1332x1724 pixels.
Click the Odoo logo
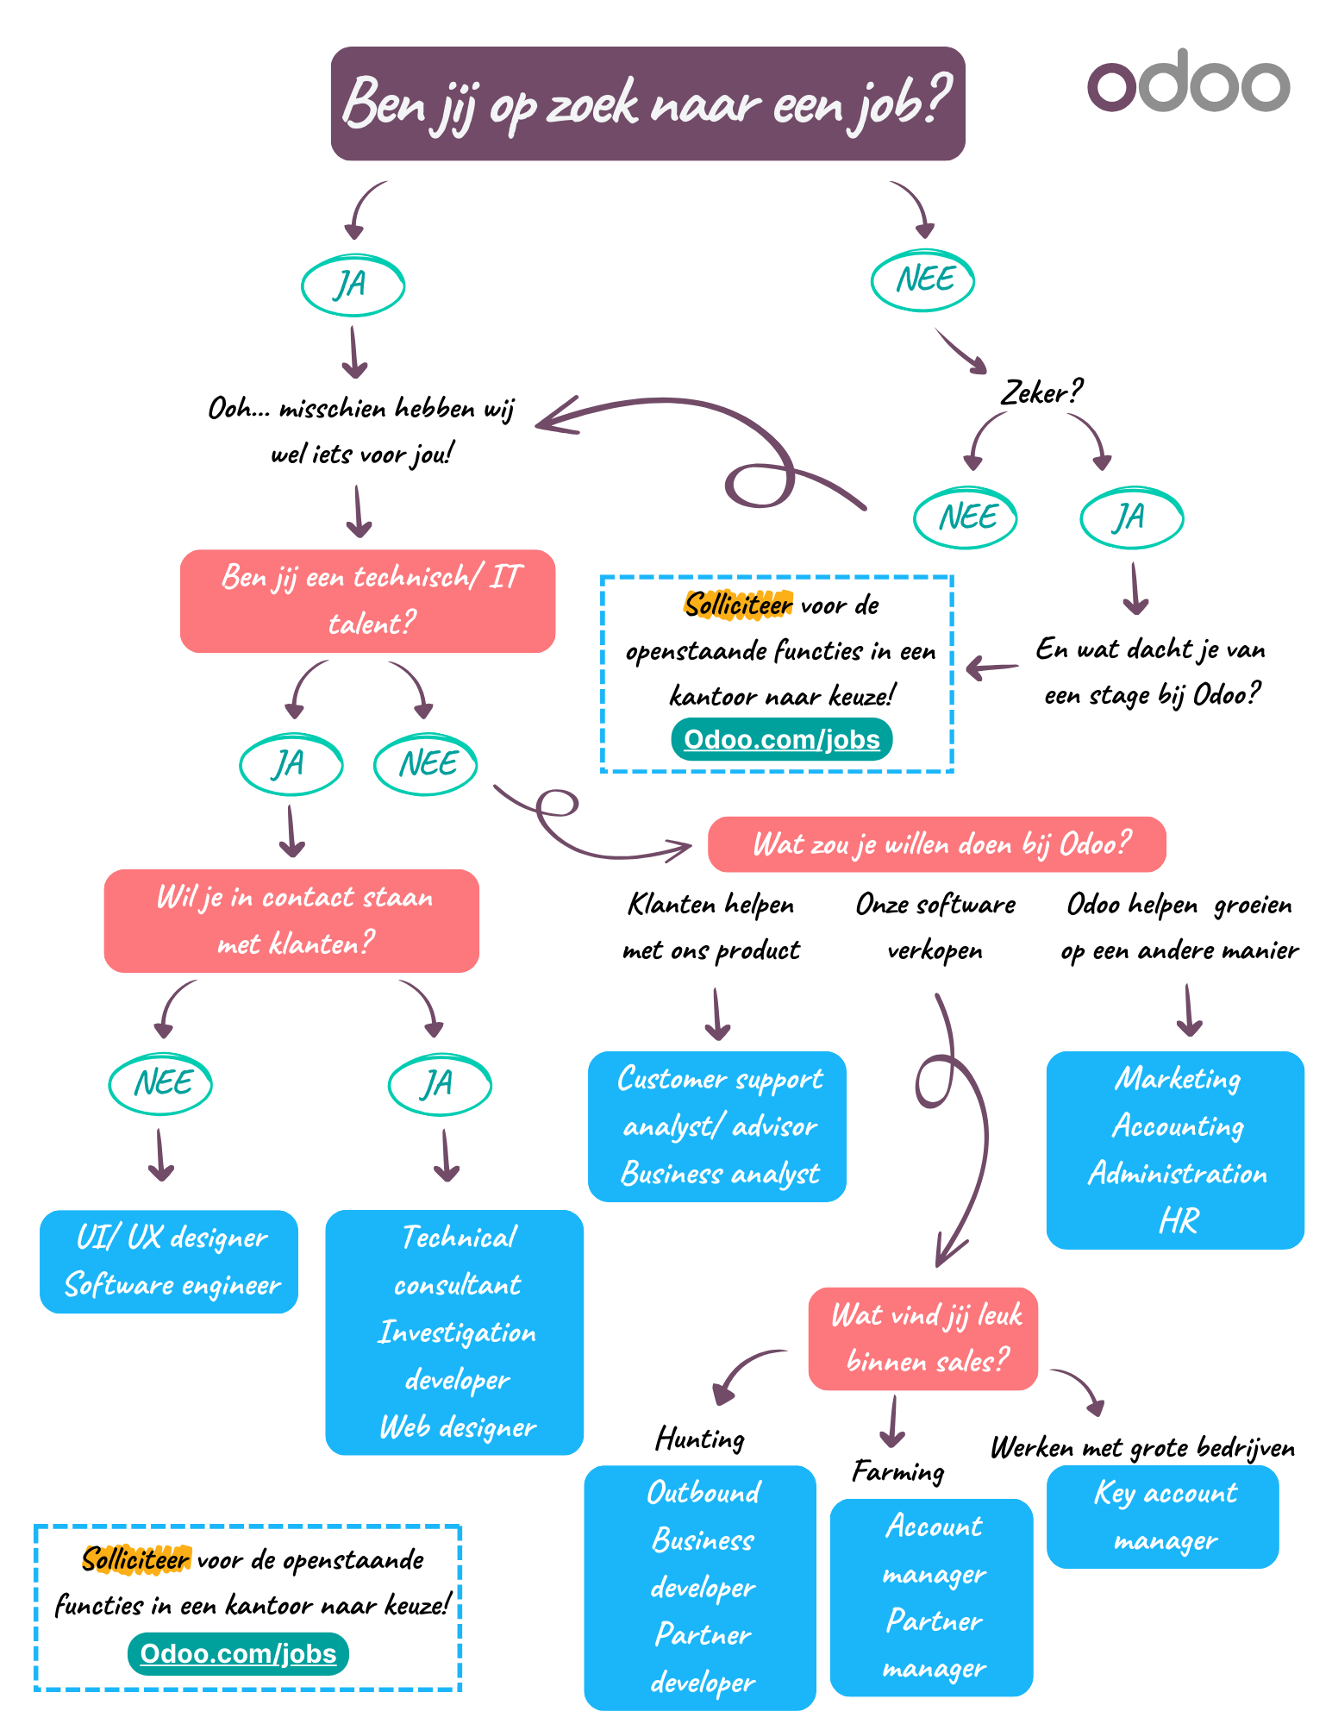click(x=1187, y=82)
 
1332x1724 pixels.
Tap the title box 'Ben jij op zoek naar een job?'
click(x=647, y=103)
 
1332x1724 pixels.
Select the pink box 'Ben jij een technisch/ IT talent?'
click(x=368, y=600)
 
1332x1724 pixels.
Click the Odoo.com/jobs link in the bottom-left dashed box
click(x=238, y=1653)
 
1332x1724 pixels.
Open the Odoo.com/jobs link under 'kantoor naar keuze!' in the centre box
click(x=781, y=739)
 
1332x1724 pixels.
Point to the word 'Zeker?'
click(x=1040, y=392)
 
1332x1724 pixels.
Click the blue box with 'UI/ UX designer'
click(x=169, y=1261)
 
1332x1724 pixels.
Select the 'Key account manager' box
click(x=1162, y=1516)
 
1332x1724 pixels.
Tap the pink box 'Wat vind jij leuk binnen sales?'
click(x=923, y=1338)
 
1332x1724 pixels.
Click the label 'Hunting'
click(x=699, y=1439)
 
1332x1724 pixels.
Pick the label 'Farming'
click(x=897, y=1471)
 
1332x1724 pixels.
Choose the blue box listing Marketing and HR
click(x=1175, y=1149)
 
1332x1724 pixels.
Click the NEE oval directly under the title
click(x=923, y=280)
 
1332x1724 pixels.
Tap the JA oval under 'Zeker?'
click(x=1131, y=517)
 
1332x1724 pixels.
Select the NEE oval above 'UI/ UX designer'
click(x=161, y=1083)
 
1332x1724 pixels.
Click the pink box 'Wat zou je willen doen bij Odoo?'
click(x=936, y=843)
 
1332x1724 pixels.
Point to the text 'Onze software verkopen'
click(x=935, y=927)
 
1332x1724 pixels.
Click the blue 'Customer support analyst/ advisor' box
click(x=717, y=1125)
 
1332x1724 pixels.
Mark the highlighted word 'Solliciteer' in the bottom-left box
click(x=135, y=1559)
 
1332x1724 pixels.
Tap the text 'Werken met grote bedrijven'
click(x=1141, y=1447)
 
